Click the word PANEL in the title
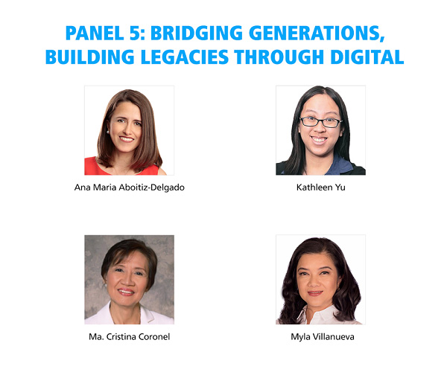click(95, 33)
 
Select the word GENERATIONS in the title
click(317, 33)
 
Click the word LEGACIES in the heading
click(185, 57)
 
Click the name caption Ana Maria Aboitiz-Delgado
click(129, 187)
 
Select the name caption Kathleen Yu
click(320, 187)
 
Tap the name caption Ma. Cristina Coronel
click(129, 337)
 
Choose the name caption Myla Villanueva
click(323, 337)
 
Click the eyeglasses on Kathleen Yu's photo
click(320, 122)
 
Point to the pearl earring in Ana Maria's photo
click(108, 132)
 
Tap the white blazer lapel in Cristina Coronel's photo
click(105, 315)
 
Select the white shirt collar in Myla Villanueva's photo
click(305, 315)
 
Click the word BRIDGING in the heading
click(197, 33)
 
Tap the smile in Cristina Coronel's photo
click(126, 292)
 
